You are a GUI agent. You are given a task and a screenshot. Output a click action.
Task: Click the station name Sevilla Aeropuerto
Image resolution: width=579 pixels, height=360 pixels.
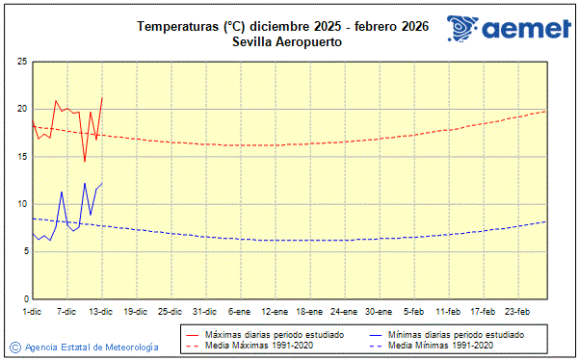pyautogui.click(x=288, y=42)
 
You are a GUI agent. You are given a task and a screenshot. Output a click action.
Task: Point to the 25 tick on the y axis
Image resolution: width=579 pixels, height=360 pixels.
pyautogui.click(x=21, y=62)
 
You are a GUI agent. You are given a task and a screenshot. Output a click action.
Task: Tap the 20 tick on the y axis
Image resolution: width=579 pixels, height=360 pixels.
pyautogui.click(x=21, y=109)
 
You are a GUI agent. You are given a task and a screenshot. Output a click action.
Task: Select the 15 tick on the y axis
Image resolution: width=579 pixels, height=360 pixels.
pyautogui.click(x=21, y=156)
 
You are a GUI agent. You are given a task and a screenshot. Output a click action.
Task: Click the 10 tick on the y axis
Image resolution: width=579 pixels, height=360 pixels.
pyautogui.click(x=21, y=204)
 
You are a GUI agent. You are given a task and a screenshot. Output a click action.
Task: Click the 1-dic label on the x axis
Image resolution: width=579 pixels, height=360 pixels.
pyautogui.click(x=32, y=311)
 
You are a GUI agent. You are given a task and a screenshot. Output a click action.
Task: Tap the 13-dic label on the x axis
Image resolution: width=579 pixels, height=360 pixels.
pyautogui.click(x=101, y=311)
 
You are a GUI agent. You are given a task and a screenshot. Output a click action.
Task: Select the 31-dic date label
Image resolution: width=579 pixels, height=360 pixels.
pyautogui.click(x=204, y=311)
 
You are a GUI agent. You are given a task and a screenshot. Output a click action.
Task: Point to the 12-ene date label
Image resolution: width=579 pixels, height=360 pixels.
pyautogui.click(x=275, y=311)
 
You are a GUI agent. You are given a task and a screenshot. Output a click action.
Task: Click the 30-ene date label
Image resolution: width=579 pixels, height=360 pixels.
pyautogui.click(x=379, y=311)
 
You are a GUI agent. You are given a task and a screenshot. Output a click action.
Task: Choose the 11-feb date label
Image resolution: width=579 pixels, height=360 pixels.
pyautogui.click(x=448, y=311)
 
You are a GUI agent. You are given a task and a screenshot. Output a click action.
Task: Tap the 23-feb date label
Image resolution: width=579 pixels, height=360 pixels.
pyautogui.click(x=517, y=311)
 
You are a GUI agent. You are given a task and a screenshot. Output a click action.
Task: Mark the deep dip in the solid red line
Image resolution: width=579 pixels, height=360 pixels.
pyautogui.click(x=85, y=161)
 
